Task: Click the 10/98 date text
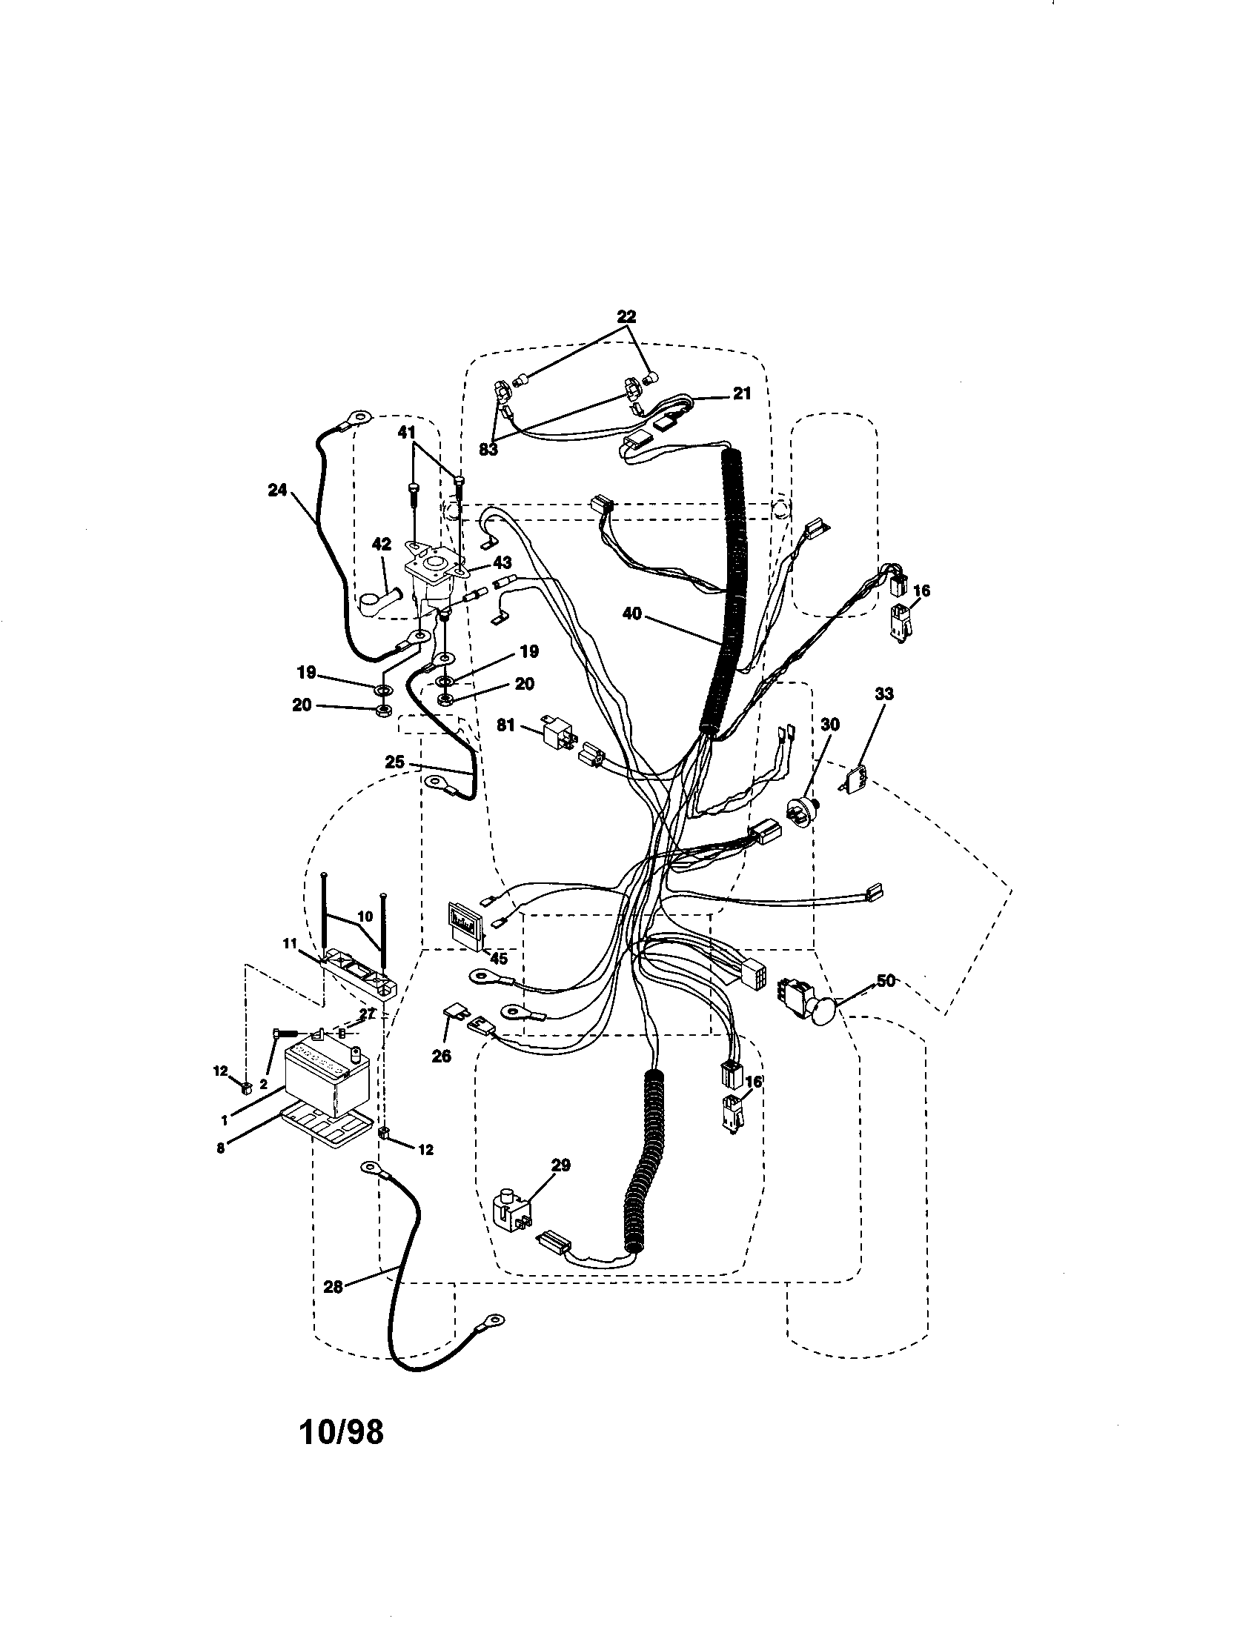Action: click(340, 1431)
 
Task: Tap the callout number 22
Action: click(626, 316)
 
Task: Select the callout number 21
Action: click(741, 393)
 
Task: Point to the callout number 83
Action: click(488, 450)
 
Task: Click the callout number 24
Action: click(277, 490)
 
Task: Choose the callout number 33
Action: click(884, 694)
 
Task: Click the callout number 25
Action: click(395, 762)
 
